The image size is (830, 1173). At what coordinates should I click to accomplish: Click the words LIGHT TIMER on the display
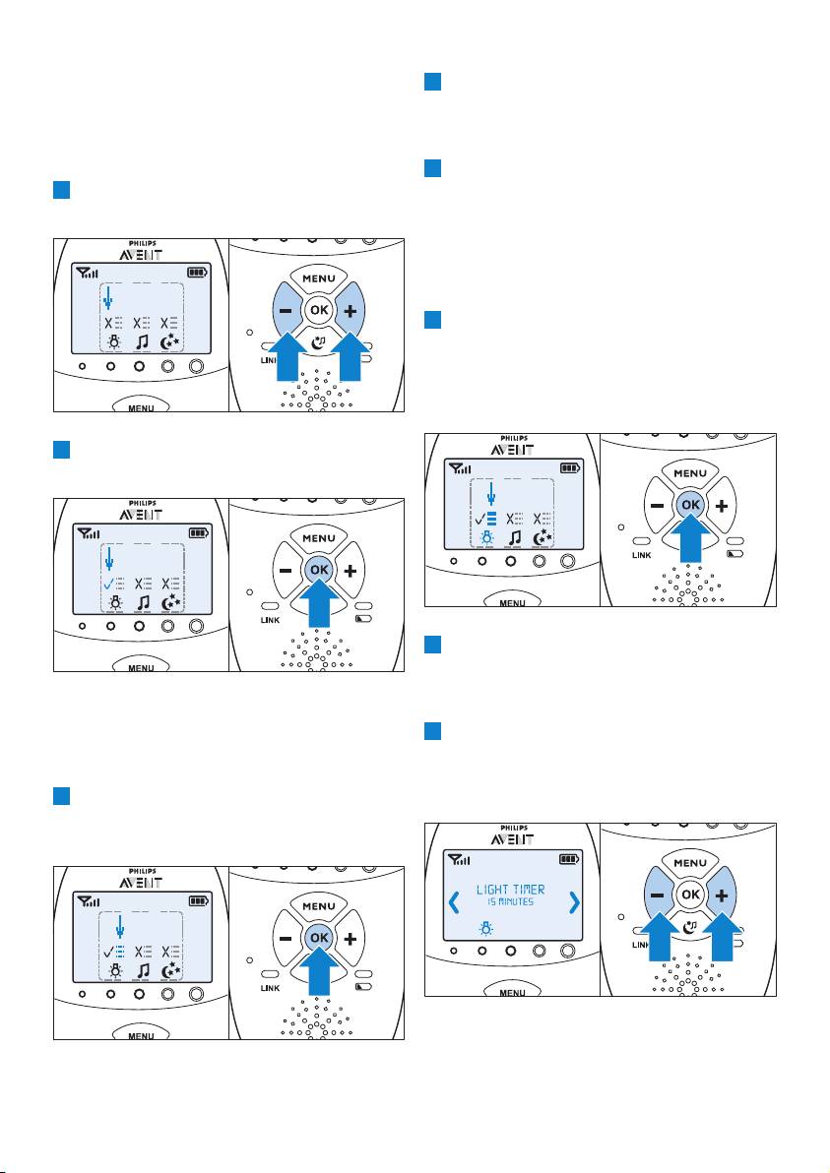point(510,890)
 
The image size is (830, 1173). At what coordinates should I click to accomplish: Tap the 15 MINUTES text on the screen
point(510,902)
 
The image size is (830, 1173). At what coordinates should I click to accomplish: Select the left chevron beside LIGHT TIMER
point(454,902)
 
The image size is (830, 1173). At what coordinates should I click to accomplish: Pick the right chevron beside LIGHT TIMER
point(574,902)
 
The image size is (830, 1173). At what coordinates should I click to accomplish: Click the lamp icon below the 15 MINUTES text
point(487,929)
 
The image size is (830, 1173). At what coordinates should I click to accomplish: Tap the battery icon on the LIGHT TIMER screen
point(569,859)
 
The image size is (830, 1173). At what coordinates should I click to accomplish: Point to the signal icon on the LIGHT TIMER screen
point(459,859)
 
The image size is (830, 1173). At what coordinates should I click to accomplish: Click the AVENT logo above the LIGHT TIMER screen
point(513,839)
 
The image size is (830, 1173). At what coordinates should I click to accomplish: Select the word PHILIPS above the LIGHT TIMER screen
point(513,829)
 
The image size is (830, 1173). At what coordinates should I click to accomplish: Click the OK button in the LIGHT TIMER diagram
point(690,894)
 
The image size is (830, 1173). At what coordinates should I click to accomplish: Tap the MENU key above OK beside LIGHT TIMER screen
point(690,863)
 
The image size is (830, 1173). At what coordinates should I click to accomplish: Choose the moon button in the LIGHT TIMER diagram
point(690,925)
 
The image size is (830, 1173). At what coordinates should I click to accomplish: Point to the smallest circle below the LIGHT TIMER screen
point(454,951)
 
